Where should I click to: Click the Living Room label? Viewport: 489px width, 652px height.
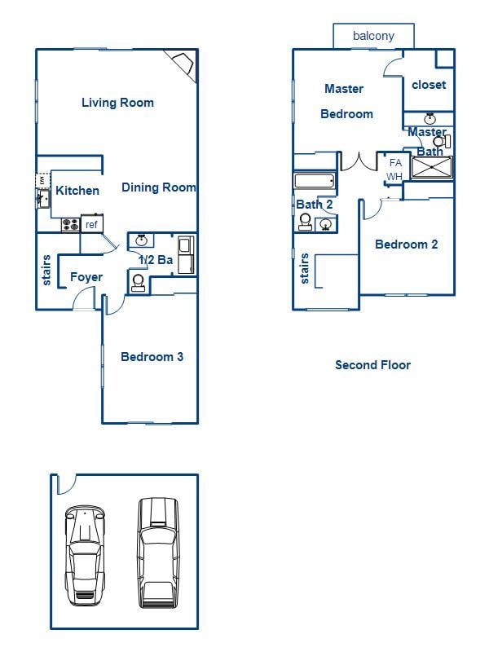(x=117, y=103)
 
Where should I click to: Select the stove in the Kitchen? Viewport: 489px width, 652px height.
(x=70, y=223)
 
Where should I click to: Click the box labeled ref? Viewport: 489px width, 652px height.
(x=91, y=224)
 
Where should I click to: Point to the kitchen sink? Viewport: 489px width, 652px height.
(x=42, y=196)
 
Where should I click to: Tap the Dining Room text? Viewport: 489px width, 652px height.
(x=159, y=187)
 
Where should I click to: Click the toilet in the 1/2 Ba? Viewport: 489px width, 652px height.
(x=138, y=282)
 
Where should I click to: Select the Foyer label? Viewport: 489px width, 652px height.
(x=86, y=277)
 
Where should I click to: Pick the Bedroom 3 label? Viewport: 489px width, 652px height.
(x=152, y=356)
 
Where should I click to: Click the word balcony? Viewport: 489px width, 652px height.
(x=373, y=36)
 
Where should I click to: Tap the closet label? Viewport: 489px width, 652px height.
(x=429, y=85)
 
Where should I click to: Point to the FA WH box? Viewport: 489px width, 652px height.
(x=394, y=170)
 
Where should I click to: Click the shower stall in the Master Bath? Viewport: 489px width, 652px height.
(x=430, y=167)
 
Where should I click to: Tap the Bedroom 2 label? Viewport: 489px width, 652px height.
(x=406, y=244)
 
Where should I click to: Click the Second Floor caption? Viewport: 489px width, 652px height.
(x=372, y=364)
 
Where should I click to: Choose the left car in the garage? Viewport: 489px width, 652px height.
(x=85, y=554)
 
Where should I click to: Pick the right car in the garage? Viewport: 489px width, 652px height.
(x=157, y=552)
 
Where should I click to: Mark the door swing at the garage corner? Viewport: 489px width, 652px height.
(x=65, y=484)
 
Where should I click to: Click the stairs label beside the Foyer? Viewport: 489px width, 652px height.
(x=46, y=271)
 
